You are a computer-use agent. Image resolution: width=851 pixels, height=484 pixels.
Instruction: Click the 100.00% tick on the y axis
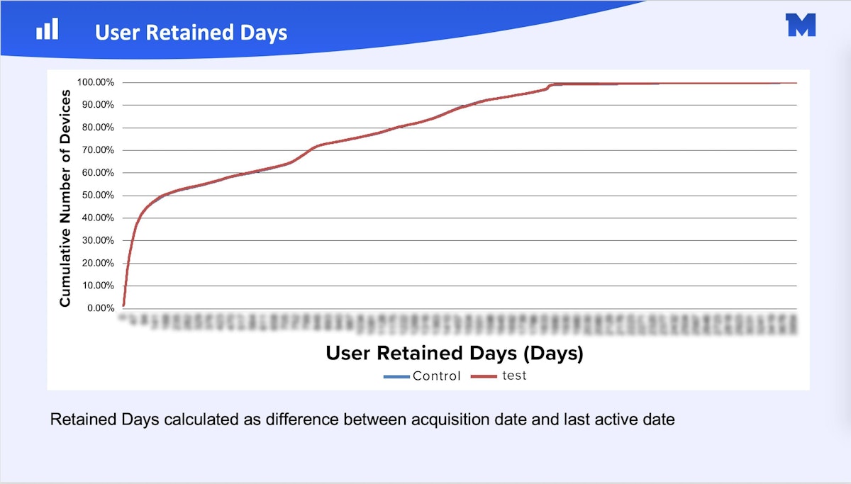click(95, 82)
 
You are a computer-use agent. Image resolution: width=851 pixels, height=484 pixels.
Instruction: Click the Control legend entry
click(436, 376)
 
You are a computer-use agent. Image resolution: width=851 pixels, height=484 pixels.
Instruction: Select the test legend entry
click(514, 376)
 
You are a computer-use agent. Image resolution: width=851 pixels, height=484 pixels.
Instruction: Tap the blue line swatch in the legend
click(396, 376)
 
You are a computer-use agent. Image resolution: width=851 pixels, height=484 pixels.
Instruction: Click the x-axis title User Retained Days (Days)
click(454, 353)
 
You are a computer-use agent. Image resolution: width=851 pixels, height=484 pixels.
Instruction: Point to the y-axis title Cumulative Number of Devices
click(65, 198)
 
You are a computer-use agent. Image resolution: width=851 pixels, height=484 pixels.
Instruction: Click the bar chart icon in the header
click(48, 30)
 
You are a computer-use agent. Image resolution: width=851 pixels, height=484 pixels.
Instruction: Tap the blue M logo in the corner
click(801, 25)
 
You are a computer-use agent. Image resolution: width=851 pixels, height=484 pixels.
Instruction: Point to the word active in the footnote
click(620, 420)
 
